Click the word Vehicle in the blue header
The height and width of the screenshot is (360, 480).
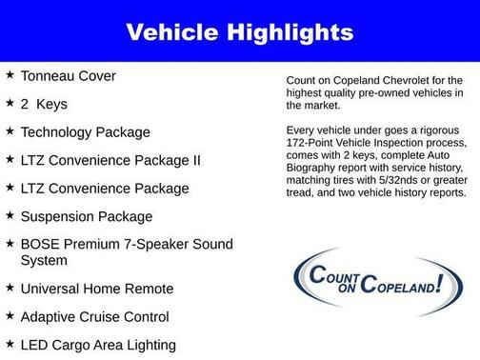pos(174,32)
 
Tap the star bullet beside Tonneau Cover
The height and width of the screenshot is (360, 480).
pos(9,73)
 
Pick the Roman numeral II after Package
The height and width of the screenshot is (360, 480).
pos(194,160)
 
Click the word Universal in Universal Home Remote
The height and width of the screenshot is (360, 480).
pos(53,288)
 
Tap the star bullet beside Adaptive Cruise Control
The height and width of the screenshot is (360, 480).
pos(9,315)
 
